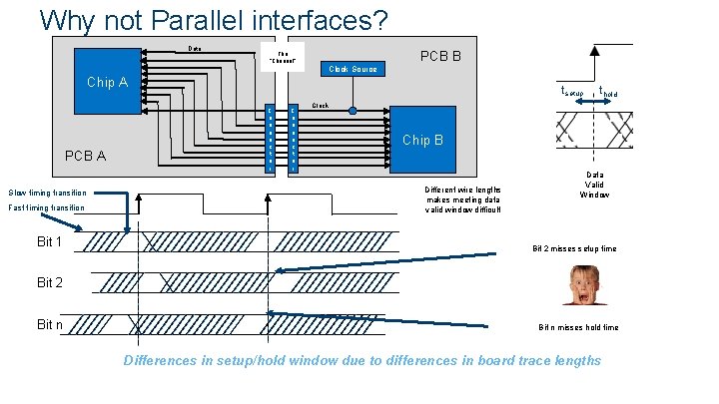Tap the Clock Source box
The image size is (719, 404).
tap(350, 69)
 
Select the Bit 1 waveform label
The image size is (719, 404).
tap(50, 242)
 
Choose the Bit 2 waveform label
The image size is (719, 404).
tap(50, 283)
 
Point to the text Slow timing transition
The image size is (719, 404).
tap(48, 193)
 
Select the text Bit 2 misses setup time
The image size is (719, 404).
tap(574, 247)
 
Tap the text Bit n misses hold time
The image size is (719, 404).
tap(578, 327)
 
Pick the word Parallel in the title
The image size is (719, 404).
tap(182, 19)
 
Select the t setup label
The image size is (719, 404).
tap(570, 92)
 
